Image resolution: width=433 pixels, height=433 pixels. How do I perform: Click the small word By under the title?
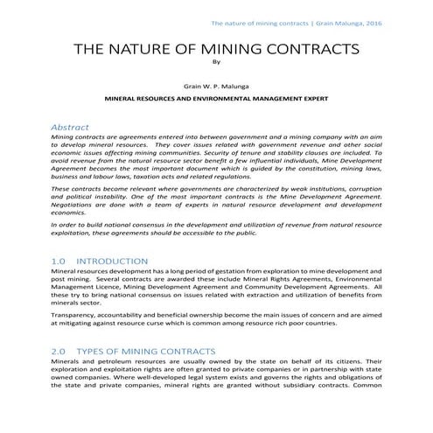point(217,62)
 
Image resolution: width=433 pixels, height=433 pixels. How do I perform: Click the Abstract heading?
point(72,127)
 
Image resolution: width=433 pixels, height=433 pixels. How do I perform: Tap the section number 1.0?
point(59,261)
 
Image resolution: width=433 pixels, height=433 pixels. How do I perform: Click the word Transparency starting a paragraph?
point(75,313)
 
